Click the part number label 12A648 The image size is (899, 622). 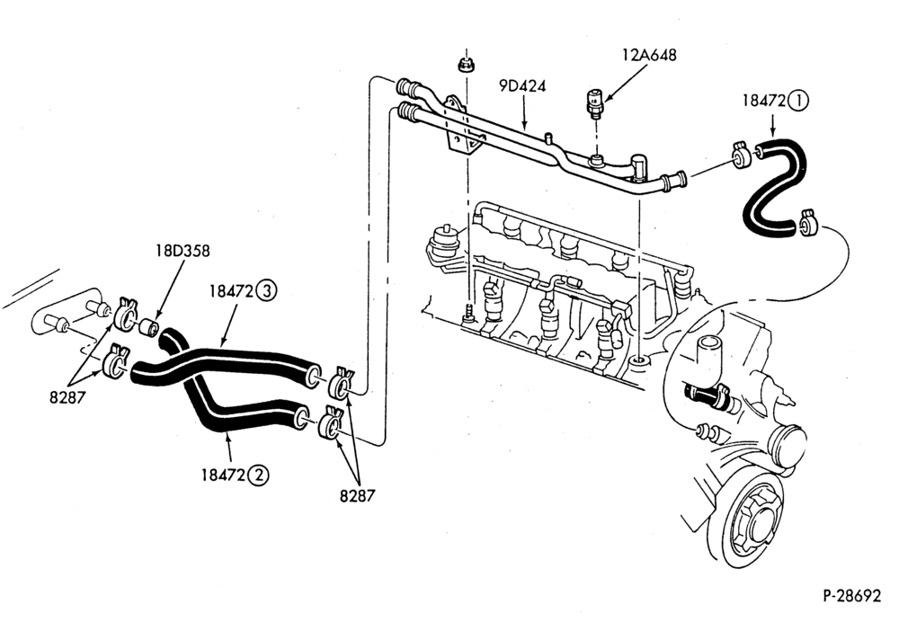pyautogui.click(x=649, y=55)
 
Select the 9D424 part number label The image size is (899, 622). pyautogui.click(x=521, y=86)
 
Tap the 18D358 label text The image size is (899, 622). pyautogui.click(x=182, y=251)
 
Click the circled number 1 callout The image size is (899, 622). pyautogui.click(x=798, y=101)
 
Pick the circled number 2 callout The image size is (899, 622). pyautogui.click(x=259, y=475)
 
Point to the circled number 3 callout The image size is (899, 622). pyautogui.click(x=266, y=291)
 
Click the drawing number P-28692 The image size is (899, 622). pyautogui.click(x=851, y=596)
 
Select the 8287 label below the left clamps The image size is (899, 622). pyautogui.click(x=67, y=397)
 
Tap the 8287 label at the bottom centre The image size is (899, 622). pyautogui.click(x=357, y=495)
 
